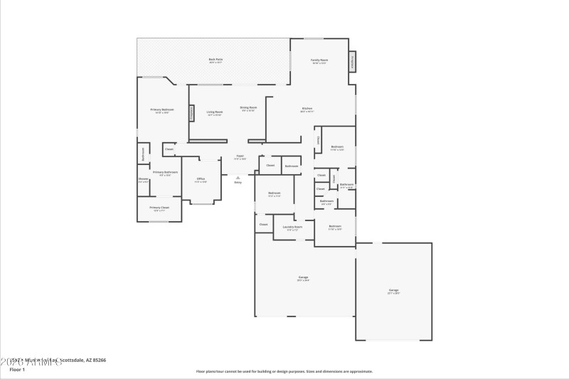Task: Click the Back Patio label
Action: coord(216,59)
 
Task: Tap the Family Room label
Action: coord(319,60)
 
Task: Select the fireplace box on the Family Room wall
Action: coord(353,61)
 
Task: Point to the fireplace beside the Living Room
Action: coord(191,113)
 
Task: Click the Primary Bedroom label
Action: coord(161,110)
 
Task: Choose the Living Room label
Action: coord(214,112)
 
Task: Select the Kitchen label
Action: coord(307,109)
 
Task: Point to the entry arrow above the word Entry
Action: coord(238,177)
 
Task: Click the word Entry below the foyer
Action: coord(238,183)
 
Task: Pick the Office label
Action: coord(201,179)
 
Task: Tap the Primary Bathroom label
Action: coord(164,172)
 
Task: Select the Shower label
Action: coord(143,179)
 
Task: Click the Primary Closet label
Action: coord(159,208)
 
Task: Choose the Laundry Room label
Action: coord(292,227)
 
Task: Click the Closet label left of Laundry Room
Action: coord(263,224)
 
